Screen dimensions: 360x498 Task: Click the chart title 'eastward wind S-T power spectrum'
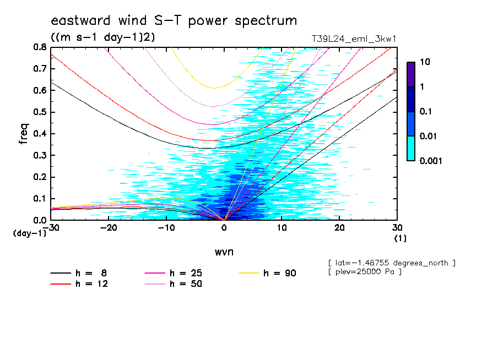[174, 21]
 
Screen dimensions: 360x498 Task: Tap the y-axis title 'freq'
[24, 133]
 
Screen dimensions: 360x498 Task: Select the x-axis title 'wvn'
[224, 251]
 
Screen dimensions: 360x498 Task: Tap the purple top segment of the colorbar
[410, 74]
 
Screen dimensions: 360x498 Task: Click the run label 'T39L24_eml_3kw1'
[354, 39]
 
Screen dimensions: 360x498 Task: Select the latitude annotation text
[391, 263]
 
